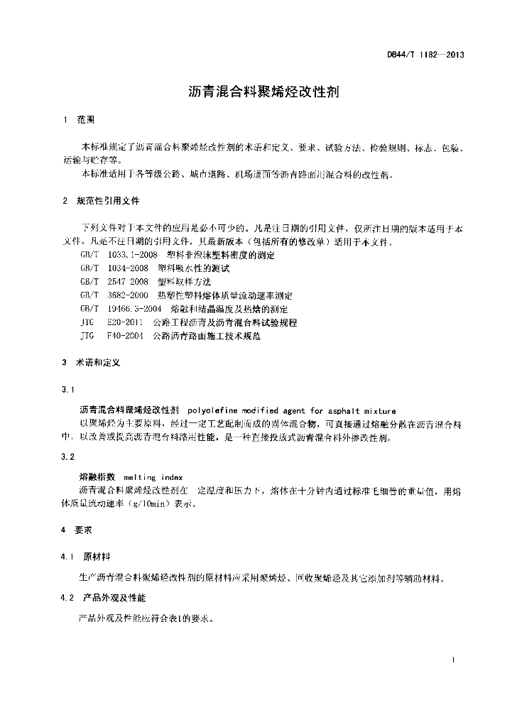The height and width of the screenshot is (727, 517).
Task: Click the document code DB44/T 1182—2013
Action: (x=425, y=54)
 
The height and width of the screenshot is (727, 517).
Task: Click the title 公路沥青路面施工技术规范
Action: (x=206, y=337)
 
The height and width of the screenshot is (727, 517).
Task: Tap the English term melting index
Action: (x=153, y=478)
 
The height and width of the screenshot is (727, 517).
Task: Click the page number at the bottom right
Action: (x=453, y=661)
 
